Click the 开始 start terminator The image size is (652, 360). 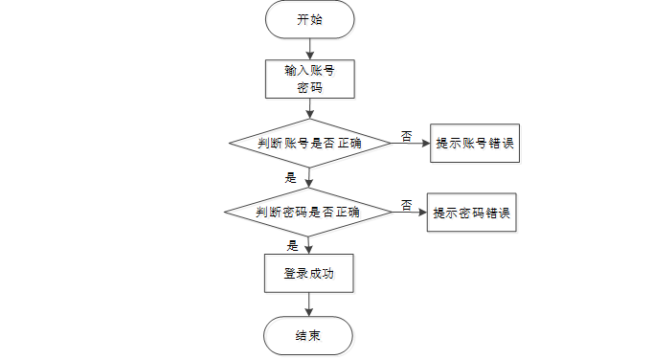[x=310, y=19]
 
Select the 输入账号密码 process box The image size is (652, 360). [x=310, y=79]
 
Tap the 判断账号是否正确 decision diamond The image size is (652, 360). [x=310, y=144]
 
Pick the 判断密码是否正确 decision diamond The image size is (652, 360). [x=308, y=212]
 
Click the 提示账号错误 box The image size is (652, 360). [x=475, y=143]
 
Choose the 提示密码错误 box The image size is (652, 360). [x=472, y=213]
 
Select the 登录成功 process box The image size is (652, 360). [x=309, y=274]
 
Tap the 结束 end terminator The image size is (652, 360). [x=308, y=336]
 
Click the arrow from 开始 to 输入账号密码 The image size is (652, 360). [x=310, y=49]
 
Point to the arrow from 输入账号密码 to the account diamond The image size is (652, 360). [x=310, y=108]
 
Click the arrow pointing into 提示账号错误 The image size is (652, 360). [x=411, y=143]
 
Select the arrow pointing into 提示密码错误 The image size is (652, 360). [x=409, y=212]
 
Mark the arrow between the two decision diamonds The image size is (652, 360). [x=308, y=178]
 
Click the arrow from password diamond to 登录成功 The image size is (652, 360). [x=308, y=245]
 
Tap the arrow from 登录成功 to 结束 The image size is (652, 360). [x=308, y=304]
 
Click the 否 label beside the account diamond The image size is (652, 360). [x=406, y=136]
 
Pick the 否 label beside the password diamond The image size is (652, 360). [x=406, y=205]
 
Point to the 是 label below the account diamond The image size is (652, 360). [x=291, y=178]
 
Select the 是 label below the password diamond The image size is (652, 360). [x=292, y=246]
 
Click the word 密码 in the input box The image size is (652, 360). [x=310, y=88]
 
